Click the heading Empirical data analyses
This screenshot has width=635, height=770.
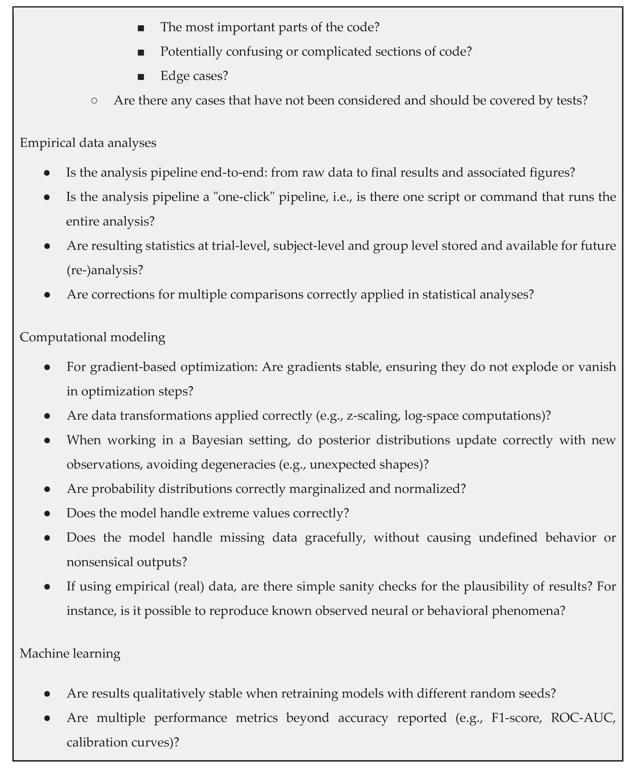coord(88,143)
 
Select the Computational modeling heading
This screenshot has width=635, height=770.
coord(92,337)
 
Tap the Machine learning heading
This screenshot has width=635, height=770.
coord(70,653)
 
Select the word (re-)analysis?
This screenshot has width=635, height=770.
coord(105,270)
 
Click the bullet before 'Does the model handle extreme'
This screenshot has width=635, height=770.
coord(47,513)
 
